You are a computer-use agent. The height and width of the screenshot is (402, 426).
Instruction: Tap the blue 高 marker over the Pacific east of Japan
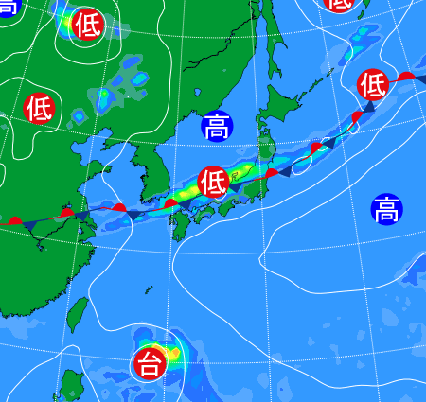(386, 208)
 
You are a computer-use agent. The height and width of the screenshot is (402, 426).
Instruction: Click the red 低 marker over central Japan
(214, 181)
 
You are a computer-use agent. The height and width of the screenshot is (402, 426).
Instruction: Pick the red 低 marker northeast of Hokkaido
(373, 86)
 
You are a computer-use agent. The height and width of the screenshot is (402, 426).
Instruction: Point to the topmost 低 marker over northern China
(88, 24)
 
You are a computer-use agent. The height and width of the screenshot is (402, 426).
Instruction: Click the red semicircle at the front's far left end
(15, 221)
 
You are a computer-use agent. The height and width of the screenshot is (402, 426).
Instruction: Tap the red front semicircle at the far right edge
(405, 76)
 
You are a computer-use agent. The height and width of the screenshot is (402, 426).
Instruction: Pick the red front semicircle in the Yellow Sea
(119, 206)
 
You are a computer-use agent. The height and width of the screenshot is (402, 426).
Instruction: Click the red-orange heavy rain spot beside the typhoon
(171, 352)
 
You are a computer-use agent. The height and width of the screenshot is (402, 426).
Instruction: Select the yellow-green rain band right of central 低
(244, 172)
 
